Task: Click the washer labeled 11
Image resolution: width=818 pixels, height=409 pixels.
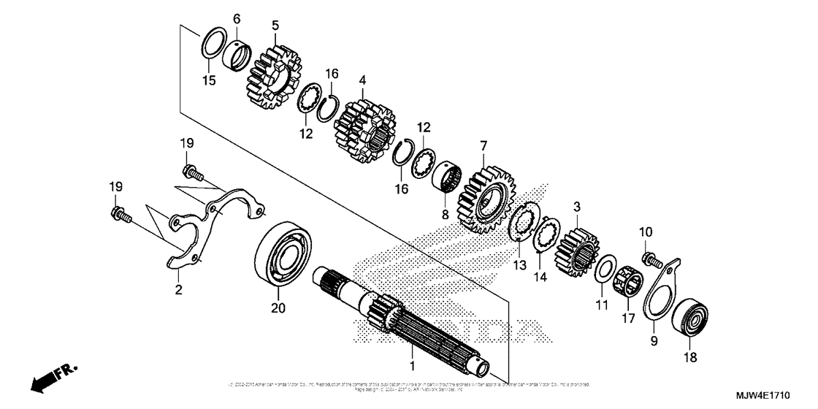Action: [x=604, y=270]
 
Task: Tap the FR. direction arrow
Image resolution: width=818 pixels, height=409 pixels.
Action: [x=48, y=379]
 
